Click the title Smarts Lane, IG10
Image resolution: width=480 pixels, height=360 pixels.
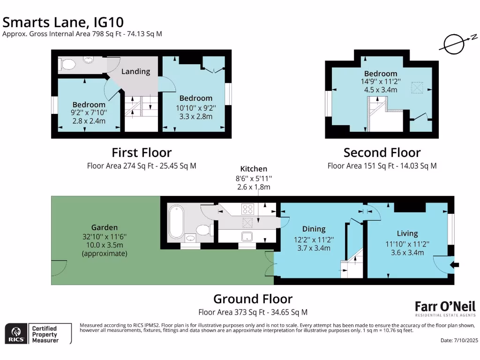coord(64,22)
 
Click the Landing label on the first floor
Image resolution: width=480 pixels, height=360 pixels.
coord(135,71)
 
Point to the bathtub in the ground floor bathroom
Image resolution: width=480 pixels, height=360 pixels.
coord(177,221)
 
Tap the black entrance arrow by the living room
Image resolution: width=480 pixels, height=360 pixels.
coord(454,265)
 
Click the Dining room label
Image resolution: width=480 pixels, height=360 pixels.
coord(314,229)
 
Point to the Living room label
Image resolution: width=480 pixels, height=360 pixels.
coord(407,233)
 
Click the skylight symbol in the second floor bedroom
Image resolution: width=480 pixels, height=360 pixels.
coord(417,87)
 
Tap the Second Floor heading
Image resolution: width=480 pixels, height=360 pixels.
coord(382,153)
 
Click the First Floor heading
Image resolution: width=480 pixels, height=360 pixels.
coord(141,153)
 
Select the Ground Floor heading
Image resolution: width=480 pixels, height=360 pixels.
coord(253,299)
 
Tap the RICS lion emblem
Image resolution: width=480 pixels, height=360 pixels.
coord(15,333)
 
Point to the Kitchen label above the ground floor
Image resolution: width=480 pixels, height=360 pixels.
coord(254,169)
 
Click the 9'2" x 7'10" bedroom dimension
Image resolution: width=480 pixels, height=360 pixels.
coord(89,112)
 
